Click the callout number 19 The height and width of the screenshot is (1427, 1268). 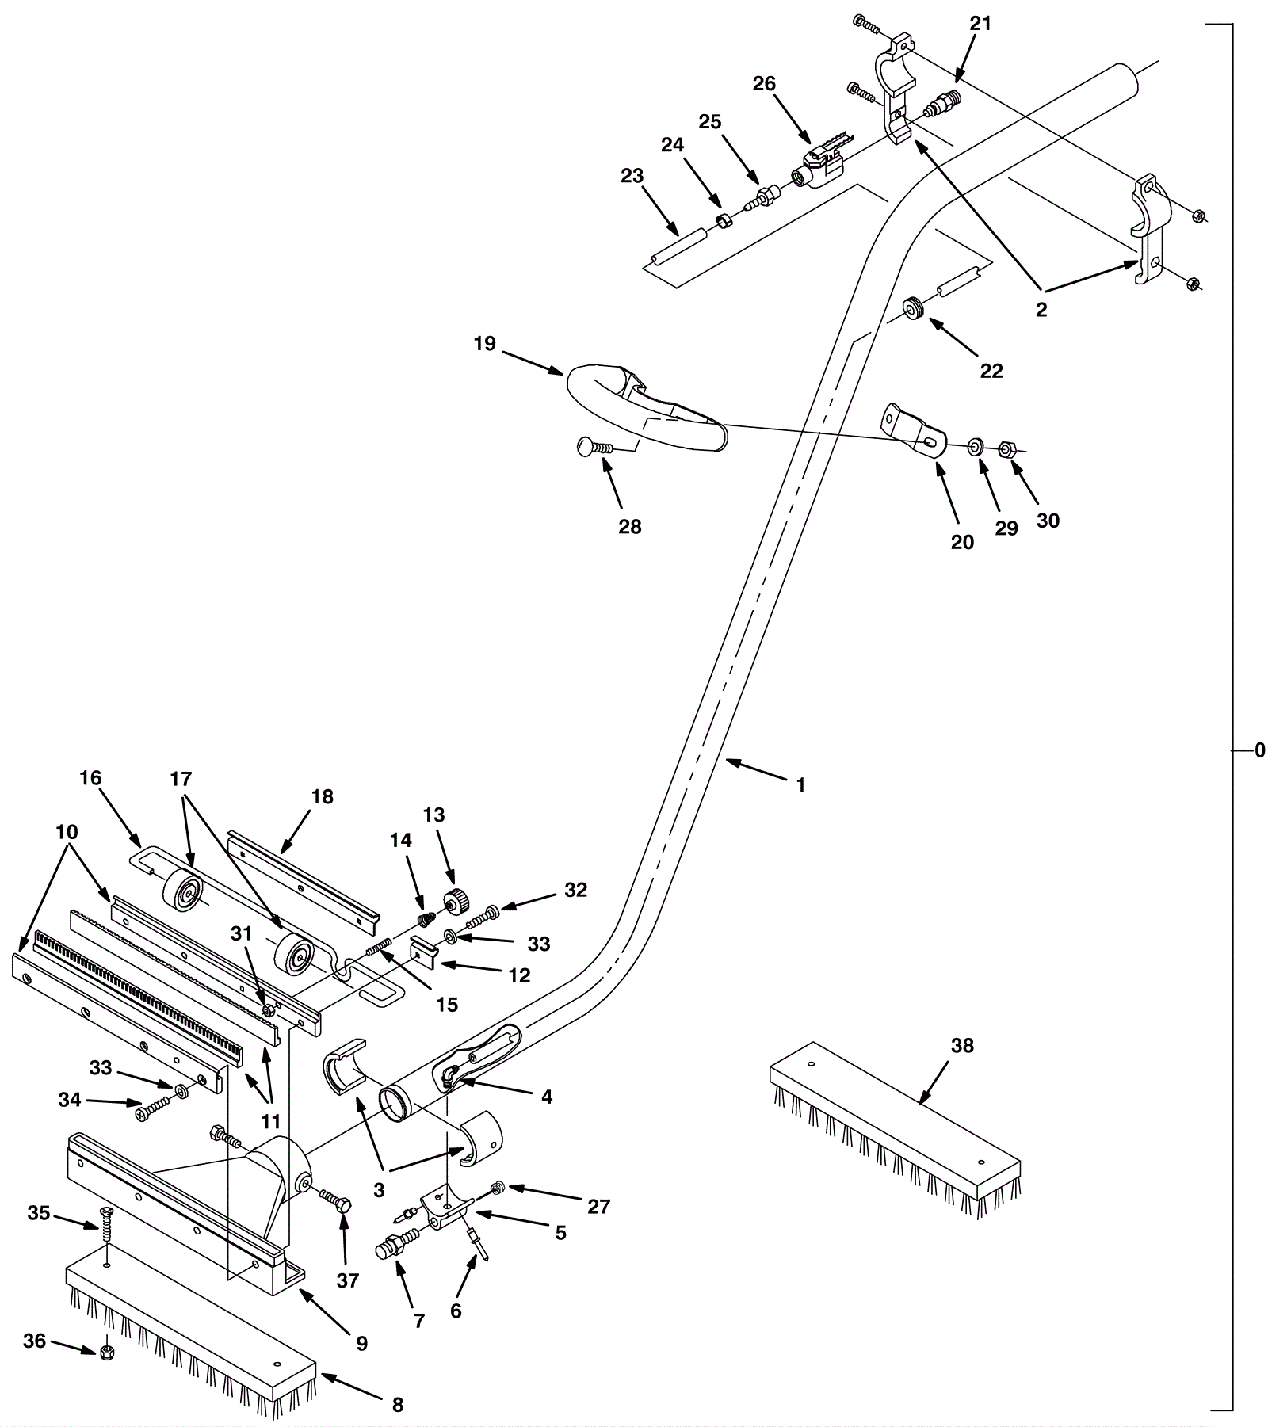click(485, 344)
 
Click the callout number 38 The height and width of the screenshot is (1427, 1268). click(962, 1046)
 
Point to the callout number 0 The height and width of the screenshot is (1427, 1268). click(1260, 750)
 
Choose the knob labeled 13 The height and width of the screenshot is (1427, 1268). click(456, 902)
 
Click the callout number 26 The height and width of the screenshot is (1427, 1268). click(764, 84)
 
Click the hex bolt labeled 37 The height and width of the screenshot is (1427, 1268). click(335, 1200)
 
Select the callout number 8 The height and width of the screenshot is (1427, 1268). click(398, 1405)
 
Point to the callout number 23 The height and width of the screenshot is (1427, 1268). click(632, 176)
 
